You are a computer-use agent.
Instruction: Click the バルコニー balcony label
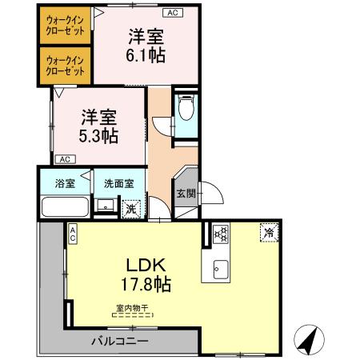(x=118, y=341)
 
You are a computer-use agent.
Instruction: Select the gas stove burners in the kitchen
(x=221, y=234)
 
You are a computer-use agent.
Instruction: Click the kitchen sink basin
(x=220, y=270)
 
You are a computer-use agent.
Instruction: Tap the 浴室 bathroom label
(x=65, y=183)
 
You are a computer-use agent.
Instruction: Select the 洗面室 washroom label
(x=118, y=183)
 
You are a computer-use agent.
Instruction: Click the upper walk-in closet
(x=66, y=25)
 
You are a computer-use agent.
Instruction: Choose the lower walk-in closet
(x=66, y=66)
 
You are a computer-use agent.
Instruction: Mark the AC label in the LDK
(x=72, y=234)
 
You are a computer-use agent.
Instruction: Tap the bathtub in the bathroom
(x=64, y=207)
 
